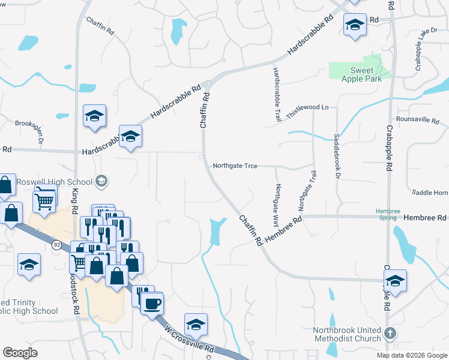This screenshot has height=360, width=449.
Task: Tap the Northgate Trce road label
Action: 235,166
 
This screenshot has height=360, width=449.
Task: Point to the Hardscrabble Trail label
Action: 277,95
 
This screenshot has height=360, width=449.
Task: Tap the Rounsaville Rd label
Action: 418,120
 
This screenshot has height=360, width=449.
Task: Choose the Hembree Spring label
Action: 387,215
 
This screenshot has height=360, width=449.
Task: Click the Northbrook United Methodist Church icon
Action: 390,332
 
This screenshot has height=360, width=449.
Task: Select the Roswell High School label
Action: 55,181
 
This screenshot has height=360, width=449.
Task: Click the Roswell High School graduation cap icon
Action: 101,181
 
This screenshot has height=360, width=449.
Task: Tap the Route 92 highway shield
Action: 56,245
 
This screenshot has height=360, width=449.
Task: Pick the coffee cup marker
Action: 152,303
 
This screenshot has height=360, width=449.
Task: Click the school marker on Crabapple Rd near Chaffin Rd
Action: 395,281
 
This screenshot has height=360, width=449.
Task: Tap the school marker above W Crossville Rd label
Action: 196,325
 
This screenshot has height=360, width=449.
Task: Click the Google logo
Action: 20,353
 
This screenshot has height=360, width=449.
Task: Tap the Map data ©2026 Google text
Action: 411,355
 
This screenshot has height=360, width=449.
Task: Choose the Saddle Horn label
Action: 430,193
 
